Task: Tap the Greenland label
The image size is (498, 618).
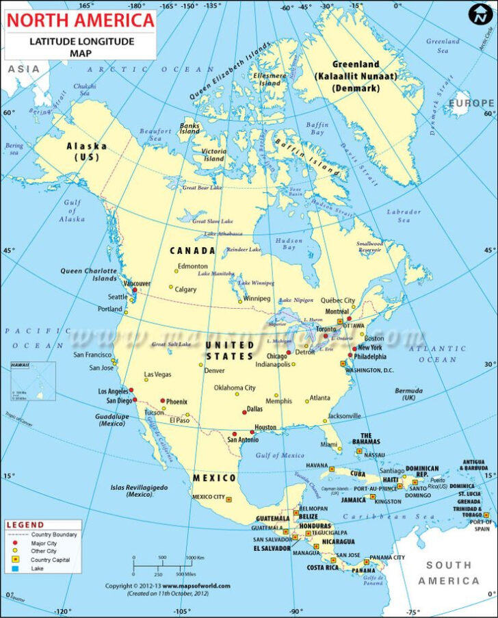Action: (x=355, y=64)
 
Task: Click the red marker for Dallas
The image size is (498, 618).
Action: (x=244, y=412)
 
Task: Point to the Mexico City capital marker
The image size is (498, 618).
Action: (x=230, y=498)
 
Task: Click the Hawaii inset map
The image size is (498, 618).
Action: (x=33, y=382)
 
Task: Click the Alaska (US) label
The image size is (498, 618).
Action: (x=86, y=151)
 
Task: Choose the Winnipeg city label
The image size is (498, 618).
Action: (x=257, y=299)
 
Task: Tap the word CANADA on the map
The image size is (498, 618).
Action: (x=192, y=250)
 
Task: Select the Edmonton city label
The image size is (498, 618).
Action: (x=192, y=266)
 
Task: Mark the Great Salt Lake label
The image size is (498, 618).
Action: (x=170, y=344)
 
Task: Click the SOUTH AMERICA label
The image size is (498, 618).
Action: (x=449, y=573)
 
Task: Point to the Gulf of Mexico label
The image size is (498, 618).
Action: (x=280, y=455)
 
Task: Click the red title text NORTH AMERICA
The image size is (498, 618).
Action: (x=80, y=21)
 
